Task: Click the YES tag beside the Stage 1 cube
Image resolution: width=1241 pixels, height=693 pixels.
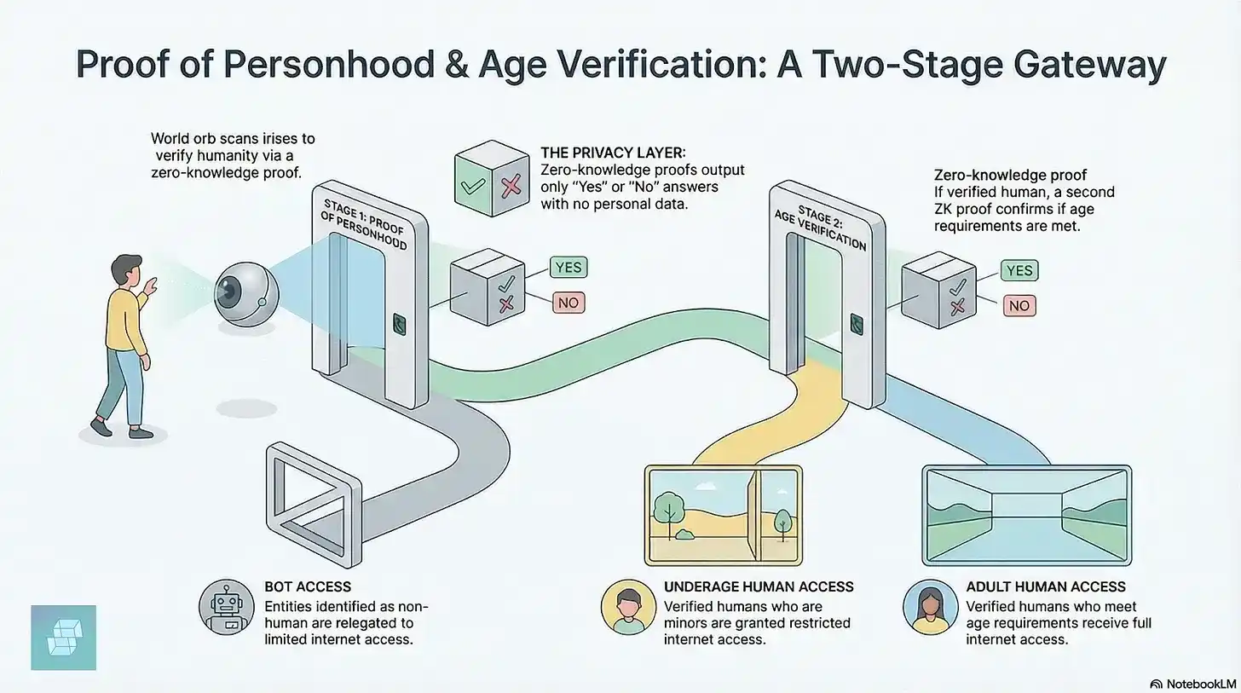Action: [569, 268]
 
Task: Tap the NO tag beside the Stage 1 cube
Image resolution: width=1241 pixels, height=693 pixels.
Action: [569, 303]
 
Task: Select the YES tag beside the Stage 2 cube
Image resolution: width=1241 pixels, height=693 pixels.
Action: [1019, 271]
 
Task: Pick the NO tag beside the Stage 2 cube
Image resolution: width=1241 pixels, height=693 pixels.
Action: [1019, 306]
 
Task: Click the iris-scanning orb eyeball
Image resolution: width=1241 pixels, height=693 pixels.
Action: [246, 293]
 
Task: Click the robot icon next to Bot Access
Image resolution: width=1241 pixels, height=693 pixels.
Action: [226, 607]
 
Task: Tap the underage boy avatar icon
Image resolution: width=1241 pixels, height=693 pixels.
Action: [628, 607]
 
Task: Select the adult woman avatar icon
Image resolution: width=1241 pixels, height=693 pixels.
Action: [930, 607]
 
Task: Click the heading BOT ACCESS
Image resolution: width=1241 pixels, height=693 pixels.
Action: [308, 586]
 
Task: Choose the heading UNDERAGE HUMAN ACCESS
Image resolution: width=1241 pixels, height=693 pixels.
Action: [759, 586]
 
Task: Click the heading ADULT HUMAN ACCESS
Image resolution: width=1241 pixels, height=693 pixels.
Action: [1046, 586]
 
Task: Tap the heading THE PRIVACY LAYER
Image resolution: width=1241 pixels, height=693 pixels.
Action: [613, 153]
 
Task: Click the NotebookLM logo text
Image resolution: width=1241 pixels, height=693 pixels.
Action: [1201, 684]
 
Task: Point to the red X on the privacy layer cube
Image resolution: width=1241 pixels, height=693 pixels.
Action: [511, 186]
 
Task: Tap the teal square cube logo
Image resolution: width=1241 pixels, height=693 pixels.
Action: [64, 638]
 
